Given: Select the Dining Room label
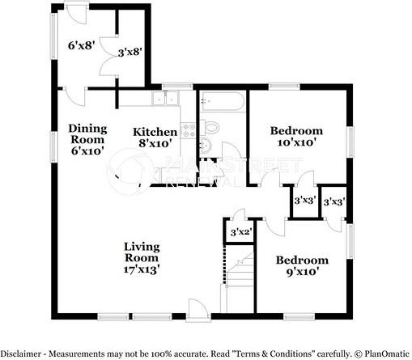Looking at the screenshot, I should pyautogui.click(x=87, y=138).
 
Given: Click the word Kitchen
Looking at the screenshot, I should pyautogui.click(x=155, y=132).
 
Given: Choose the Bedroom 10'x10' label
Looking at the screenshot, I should pyautogui.click(x=296, y=135).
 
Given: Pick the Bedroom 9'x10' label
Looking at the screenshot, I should pyautogui.click(x=302, y=265).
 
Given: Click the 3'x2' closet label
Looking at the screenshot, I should pyautogui.click(x=239, y=233).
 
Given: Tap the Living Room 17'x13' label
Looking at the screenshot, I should pyautogui.click(x=142, y=258).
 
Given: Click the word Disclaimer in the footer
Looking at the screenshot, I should pyautogui.click(x=23, y=354).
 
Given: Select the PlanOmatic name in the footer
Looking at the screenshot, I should pyautogui.click(x=381, y=354).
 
